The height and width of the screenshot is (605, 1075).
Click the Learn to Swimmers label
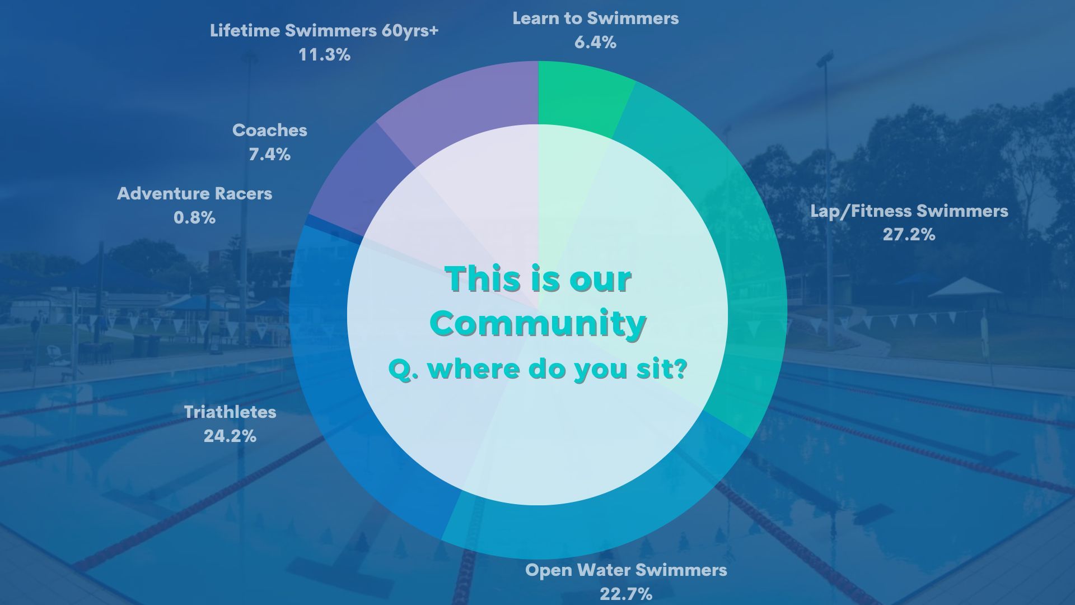pos(595,18)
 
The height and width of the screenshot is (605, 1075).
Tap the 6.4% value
pos(595,43)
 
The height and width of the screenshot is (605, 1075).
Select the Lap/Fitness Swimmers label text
pos(909,211)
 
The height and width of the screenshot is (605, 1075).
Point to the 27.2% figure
pos(909,235)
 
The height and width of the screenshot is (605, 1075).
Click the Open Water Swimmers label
pos(626,570)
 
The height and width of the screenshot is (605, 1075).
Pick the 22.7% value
pos(626,594)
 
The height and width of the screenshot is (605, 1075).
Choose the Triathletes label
pos(230,412)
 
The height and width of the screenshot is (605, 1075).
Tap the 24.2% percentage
pos(230,436)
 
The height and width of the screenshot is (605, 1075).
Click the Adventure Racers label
pos(194,194)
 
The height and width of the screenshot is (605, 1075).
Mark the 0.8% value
pos(194,217)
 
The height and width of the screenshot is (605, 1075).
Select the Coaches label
pos(270,131)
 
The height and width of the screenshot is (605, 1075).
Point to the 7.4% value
pos(270,154)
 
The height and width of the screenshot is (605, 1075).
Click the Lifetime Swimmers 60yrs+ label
pos(324,31)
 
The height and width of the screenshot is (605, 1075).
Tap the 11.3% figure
pos(324,55)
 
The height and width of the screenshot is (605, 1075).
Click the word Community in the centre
pos(538,324)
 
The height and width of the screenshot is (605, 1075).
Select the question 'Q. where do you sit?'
pos(537,369)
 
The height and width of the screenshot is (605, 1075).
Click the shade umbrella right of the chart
pos(965,288)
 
